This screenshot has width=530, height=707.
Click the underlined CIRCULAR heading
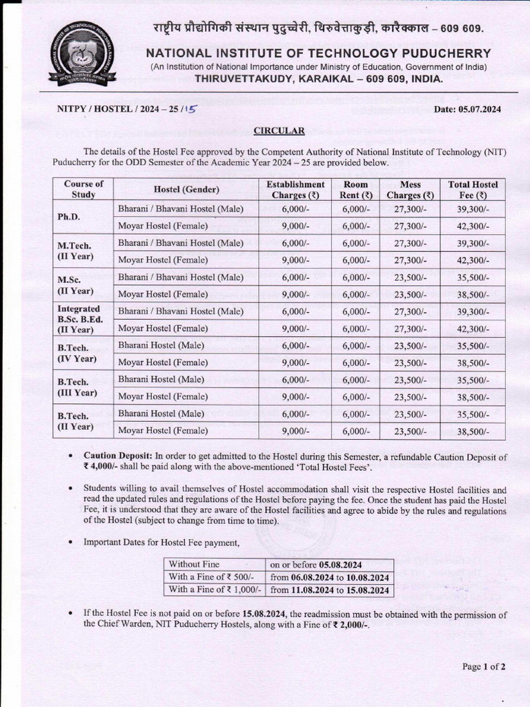279,130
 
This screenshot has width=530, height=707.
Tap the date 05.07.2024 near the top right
467,109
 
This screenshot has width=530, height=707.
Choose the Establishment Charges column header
295,189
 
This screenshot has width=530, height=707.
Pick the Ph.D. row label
69,217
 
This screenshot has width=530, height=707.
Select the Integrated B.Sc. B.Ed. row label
79,319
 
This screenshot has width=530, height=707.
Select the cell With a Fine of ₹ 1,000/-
215,590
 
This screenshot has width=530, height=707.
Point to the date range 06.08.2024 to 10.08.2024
330,577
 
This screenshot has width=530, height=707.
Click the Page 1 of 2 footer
484,666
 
